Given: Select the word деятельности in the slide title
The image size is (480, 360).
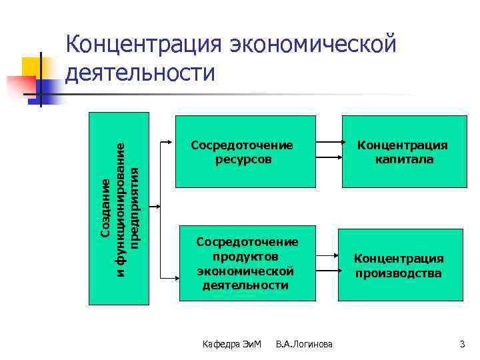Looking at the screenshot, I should (141, 73).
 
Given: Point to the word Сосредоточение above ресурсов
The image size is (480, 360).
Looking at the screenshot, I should (242, 145).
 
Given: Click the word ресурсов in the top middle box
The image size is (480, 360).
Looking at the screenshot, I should (243, 159).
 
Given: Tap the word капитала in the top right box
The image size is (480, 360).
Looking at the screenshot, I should (403, 159).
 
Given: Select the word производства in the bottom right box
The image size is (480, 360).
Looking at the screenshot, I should (398, 273).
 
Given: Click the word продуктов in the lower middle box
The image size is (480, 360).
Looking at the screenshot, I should (245, 257).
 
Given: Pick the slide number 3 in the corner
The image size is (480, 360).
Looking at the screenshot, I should (462, 344).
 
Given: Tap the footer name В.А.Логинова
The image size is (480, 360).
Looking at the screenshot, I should (304, 344).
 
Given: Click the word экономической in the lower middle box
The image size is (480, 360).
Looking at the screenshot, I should (245, 271).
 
